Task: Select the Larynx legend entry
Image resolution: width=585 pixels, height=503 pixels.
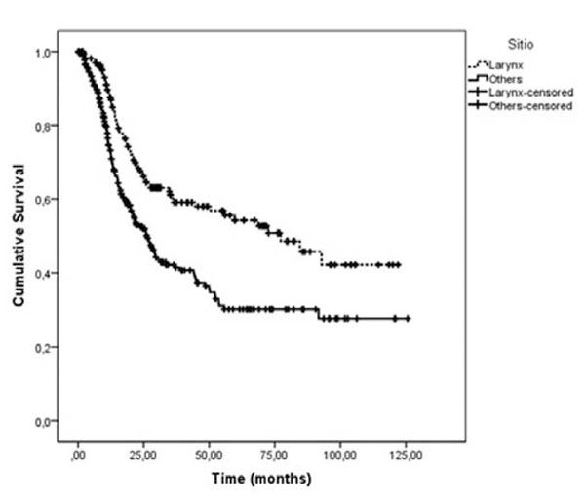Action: tap(503, 65)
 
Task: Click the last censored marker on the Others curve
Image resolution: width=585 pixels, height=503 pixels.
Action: tap(407, 319)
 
